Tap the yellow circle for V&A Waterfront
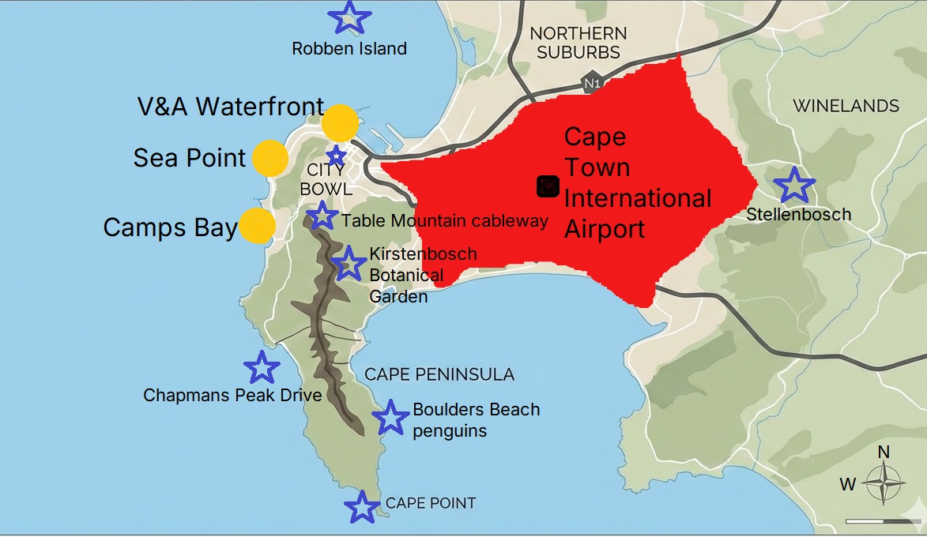(x=341, y=123)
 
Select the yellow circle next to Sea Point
(x=269, y=158)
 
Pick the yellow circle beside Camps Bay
(x=257, y=226)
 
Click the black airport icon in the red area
(x=548, y=186)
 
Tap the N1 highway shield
(x=590, y=82)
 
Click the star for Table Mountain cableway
(x=322, y=216)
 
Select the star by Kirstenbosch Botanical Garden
(x=349, y=263)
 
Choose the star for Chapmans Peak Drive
(x=262, y=367)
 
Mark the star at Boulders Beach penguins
(x=390, y=418)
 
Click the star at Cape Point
(x=362, y=507)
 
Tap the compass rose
(x=884, y=481)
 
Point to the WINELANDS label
(x=846, y=106)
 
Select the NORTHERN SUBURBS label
(x=578, y=43)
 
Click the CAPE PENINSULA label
(x=439, y=374)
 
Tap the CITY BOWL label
(x=326, y=180)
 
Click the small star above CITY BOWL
(x=337, y=155)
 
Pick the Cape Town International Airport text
(x=637, y=183)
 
